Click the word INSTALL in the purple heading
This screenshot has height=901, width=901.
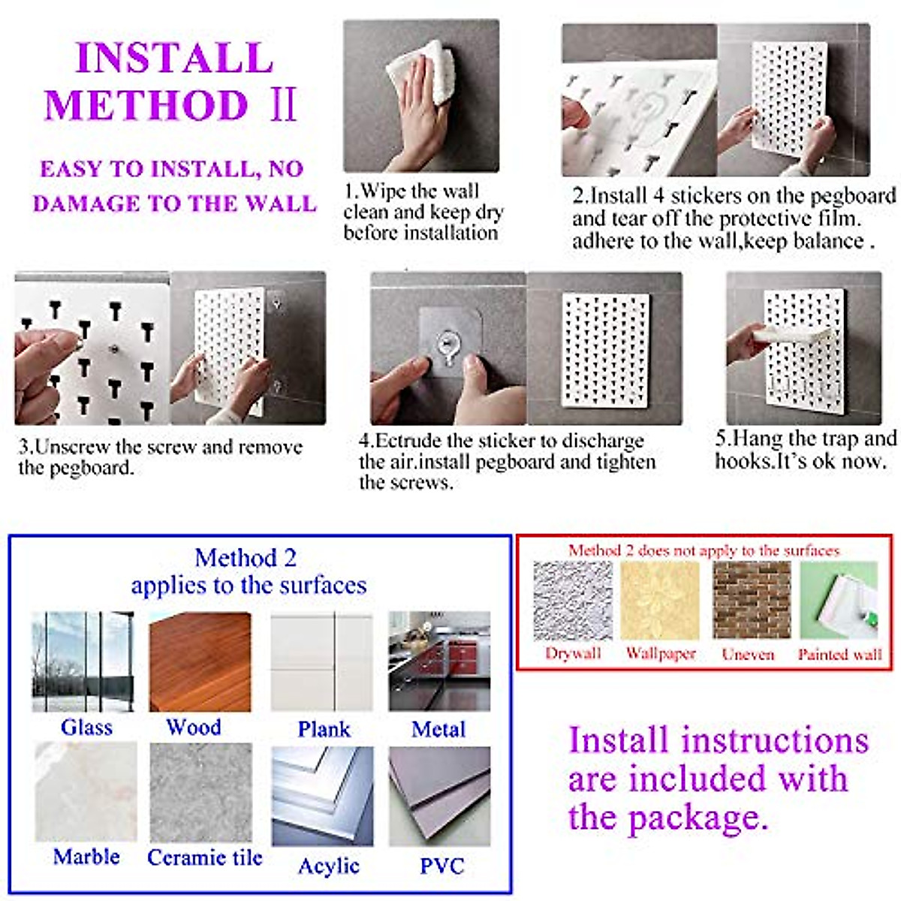[x=174, y=58]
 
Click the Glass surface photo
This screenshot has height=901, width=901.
[x=83, y=661]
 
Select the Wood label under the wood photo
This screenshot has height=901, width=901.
[x=194, y=727]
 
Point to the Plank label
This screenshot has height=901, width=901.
[x=324, y=729]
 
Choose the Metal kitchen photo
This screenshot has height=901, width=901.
[x=439, y=661]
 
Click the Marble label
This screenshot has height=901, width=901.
[x=86, y=857]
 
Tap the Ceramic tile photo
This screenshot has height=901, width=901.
[x=200, y=793]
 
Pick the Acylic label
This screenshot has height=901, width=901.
[x=329, y=866]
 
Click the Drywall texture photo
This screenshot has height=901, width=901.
[x=573, y=601]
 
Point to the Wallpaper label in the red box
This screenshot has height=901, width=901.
[x=661, y=653]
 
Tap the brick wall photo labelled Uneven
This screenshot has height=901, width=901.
[x=752, y=600]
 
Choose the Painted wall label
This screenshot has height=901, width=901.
[x=839, y=654]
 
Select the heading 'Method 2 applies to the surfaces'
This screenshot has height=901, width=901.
[x=249, y=571]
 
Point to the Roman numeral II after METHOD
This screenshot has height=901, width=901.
[x=283, y=104]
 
